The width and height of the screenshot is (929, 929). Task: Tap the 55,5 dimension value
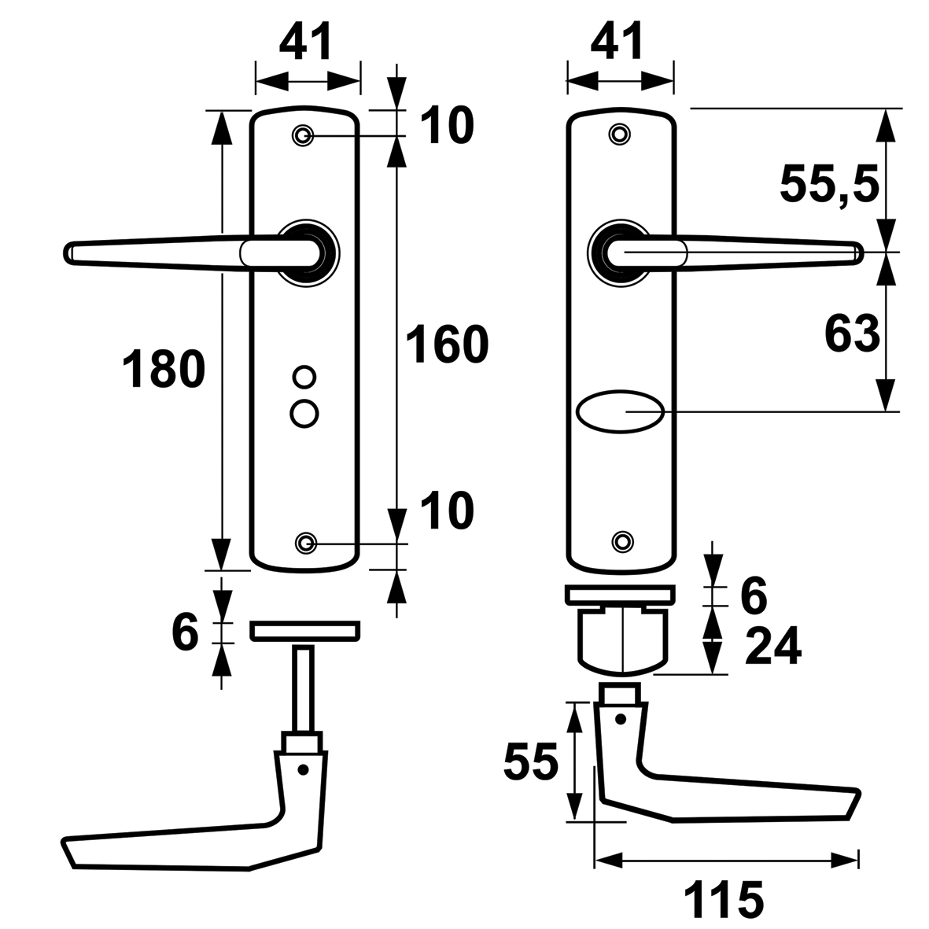pyautogui.click(x=828, y=186)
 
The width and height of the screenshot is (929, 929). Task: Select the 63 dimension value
pyautogui.click(x=851, y=334)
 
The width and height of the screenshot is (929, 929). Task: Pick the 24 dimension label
pyautogui.click(x=772, y=647)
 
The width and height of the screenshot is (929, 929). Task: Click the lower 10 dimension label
pyautogui.click(x=446, y=511)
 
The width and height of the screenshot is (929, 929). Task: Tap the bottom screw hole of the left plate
pyautogui.click(x=306, y=542)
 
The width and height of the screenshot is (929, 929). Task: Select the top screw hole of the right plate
pyautogui.click(x=621, y=134)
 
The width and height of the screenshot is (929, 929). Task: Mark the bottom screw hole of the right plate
pyautogui.click(x=622, y=540)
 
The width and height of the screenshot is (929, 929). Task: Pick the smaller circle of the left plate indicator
pyautogui.click(x=303, y=377)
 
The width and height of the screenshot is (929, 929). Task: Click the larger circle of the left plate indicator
pyautogui.click(x=304, y=411)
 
